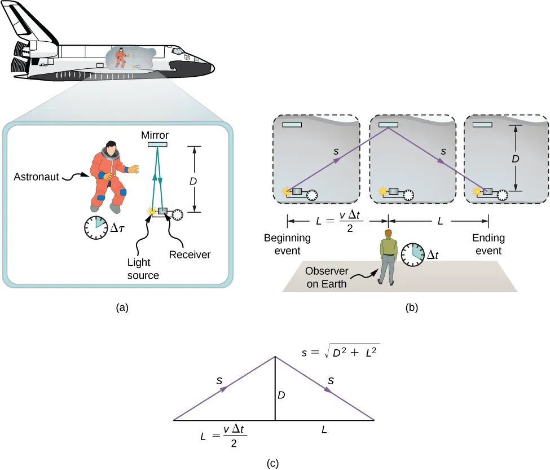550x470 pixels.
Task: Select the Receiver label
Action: coord(190,254)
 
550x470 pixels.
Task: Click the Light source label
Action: coord(143,269)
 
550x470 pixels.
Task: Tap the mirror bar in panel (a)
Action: coord(157,144)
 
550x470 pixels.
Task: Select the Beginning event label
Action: coord(287,243)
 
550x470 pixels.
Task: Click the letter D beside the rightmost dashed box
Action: coord(515,160)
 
